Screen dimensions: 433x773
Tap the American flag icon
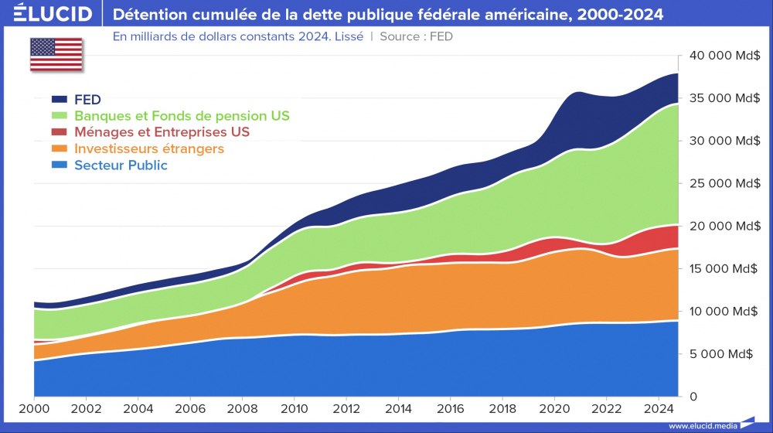(x=56, y=54)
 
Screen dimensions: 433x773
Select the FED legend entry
(x=88, y=100)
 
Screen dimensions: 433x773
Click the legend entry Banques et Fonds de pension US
(x=182, y=116)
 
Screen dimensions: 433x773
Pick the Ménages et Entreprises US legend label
(x=162, y=132)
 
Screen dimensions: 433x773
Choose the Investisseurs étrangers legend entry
(x=149, y=148)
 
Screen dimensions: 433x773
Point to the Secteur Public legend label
(x=121, y=165)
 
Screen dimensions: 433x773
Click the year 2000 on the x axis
(x=35, y=407)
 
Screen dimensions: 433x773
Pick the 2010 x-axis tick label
(x=294, y=407)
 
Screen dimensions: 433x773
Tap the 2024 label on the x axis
(x=658, y=407)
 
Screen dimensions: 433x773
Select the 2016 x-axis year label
(x=450, y=407)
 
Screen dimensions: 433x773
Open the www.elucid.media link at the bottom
(x=701, y=425)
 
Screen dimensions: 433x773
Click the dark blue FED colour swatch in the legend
(x=60, y=100)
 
